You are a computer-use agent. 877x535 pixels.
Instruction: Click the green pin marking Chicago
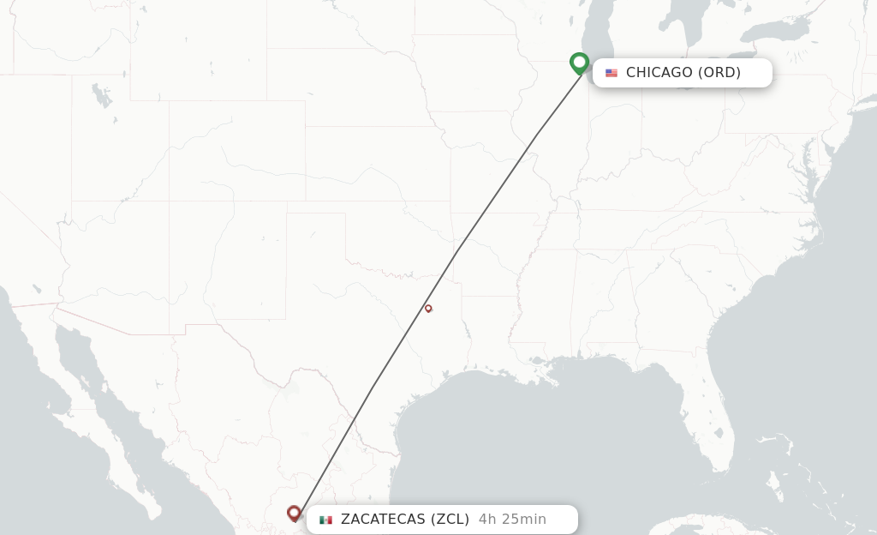pos(579,63)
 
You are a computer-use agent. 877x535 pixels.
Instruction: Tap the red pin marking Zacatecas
pos(294,513)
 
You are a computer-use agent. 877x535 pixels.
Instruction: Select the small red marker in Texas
pos(428,308)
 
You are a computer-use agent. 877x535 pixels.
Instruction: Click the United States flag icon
pos(612,73)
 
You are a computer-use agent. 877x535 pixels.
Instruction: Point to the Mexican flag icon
pos(325,520)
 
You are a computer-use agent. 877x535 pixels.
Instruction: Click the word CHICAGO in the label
pos(659,73)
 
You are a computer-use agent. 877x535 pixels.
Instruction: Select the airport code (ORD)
pos(719,73)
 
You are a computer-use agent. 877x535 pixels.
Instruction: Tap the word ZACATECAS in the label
pos(383,519)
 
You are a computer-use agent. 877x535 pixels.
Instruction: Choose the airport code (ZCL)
pos(450,519)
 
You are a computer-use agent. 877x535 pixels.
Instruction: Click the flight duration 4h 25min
pos(512,519)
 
